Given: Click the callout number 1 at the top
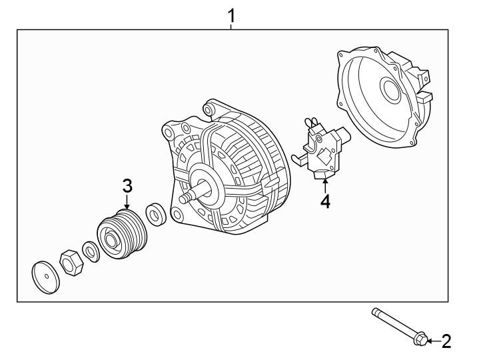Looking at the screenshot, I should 231,15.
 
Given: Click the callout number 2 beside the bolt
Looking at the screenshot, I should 446,342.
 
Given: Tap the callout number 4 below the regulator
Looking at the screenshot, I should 324,201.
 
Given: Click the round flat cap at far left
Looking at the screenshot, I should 45,276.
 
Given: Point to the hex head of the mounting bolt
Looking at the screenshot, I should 420,341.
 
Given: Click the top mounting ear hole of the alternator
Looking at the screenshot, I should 211,106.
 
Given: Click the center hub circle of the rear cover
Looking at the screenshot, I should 388,89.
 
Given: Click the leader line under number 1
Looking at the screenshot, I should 231,26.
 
